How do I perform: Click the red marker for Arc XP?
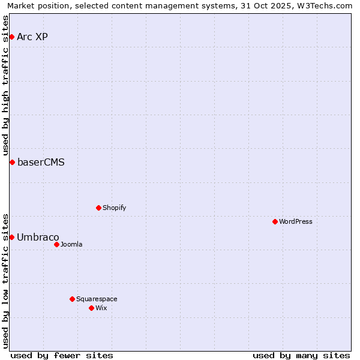[x=11, y=37]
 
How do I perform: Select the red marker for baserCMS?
[x=11, y=163]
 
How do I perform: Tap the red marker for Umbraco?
[x=11, y=238]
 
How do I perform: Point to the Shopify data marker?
[x=98, y=208]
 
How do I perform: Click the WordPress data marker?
[x=275, y=222]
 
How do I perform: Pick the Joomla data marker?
[x=56, y=245]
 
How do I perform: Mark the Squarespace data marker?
[x=72, y=299]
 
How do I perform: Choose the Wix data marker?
[x=91, y=308]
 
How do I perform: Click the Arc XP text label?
[x=32, y=37]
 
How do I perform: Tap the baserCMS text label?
[x=41, y=163]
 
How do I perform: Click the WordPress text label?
[x=296, y=222]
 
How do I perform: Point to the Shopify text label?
[x=114, y=208]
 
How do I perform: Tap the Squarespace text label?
[x=97, y=299]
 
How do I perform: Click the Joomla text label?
[x=71, y=245]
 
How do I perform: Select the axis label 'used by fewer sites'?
[x=62, y=355]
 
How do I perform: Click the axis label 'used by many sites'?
[x=301, y=355]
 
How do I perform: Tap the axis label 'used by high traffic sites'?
[x=6, y=85]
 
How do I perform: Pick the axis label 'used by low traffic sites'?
[x=6, y=281]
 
